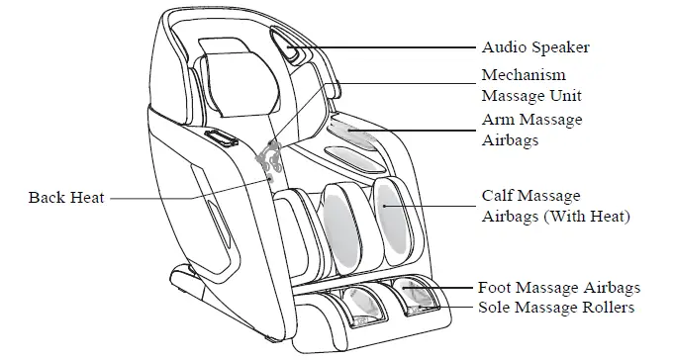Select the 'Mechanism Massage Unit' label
point(530,86)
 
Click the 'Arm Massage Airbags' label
point(530,131)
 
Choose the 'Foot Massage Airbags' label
point(559,288)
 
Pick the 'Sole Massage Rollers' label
point(555,308)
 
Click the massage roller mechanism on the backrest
point(269,158)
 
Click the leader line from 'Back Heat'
point(188,198)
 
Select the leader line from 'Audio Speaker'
point(386,45)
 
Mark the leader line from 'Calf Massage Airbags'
point(435,206)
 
